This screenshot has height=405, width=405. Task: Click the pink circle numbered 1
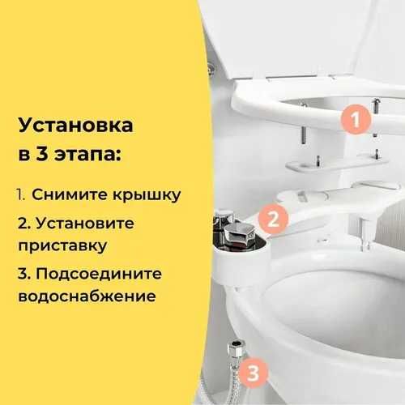click(x=354, y=121)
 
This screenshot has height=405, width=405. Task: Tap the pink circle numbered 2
click(x=274, y=218)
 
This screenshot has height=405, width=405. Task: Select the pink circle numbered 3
click(x=254, y=373)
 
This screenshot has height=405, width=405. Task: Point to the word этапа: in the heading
click(x=83, y=154)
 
